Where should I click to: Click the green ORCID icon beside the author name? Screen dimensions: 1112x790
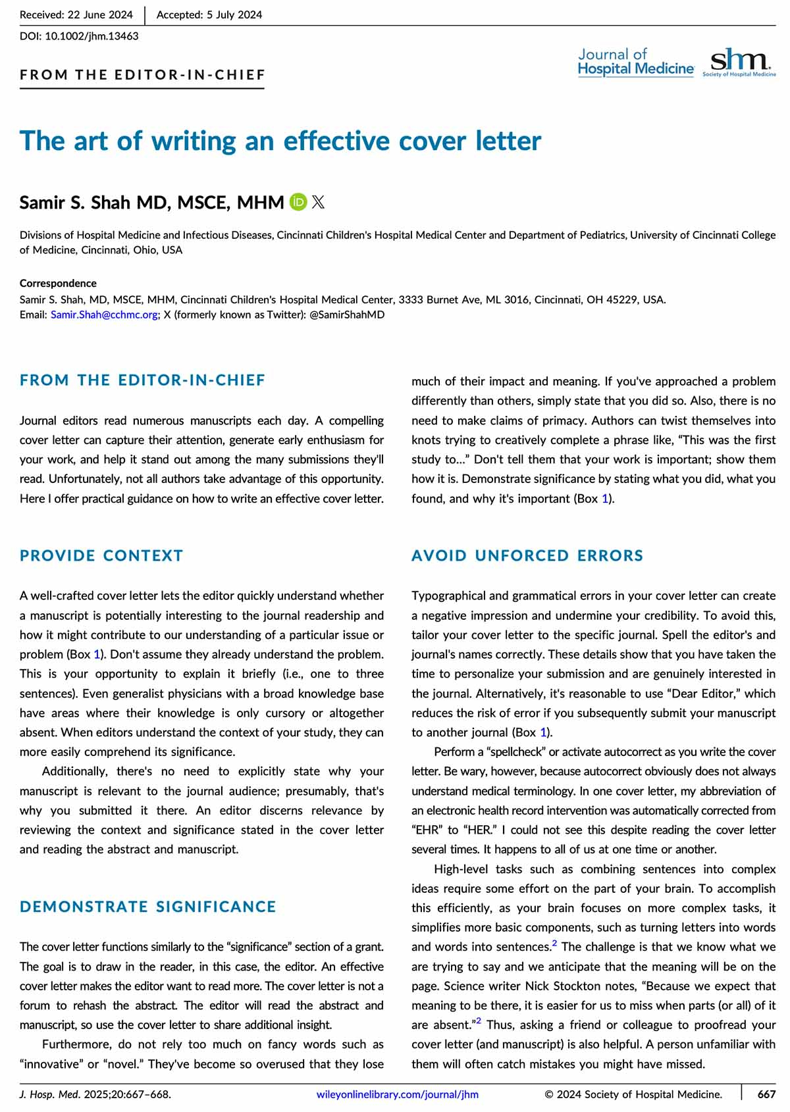pyautogui.click(x=298, y=202)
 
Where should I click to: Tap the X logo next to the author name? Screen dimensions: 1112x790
pyautogui.click(x=318, y=202)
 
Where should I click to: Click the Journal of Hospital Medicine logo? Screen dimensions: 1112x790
pyautogui.click(x=635, y=63)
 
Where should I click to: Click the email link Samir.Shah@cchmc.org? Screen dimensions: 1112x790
pyautogui.click(x=104, y=315)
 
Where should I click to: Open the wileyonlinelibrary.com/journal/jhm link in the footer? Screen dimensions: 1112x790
pyautogui.click(x=398, y=1095)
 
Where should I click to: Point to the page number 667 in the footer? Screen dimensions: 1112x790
pyautogui.click(x=766, y=1095)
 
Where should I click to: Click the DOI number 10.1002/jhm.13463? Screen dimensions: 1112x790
pyautogui.click(x=92, y=36)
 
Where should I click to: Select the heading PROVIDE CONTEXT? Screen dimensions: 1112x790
pyautogui.click(x=101, y=555)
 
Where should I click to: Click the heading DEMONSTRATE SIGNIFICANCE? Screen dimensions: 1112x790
pyautogui.click(x=148, y=907)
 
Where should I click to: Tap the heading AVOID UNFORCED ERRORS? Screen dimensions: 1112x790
pyautogui.click(x=527, y=555)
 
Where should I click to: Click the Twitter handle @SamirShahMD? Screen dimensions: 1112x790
pyautogui.click(x=347, y=315)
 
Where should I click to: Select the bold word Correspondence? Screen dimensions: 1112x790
pyautogui.click(x=58, y=284)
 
